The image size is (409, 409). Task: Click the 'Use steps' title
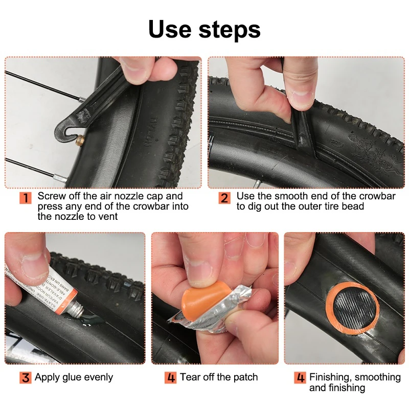coord(204,29)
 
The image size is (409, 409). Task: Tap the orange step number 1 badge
coord(26,198)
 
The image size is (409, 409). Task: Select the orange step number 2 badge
coord(224,198)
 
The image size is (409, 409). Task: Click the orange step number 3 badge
coord(26,378)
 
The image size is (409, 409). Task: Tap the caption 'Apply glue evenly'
coord(74,378)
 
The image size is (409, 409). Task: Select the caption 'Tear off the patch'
coord(219,378)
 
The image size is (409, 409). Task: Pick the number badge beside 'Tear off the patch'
coord(171,378)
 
